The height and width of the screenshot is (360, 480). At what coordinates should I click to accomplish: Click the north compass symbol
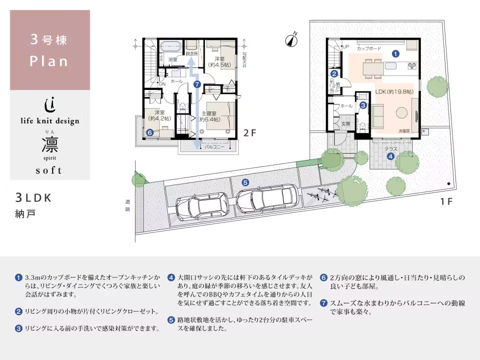pyautogui.click(x=291, y=40)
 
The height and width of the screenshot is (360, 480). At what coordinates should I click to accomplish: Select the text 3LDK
pyautogui.click(x=34, y=197)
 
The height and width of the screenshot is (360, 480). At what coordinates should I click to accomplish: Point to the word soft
pyautogui.click(x=49, y=170)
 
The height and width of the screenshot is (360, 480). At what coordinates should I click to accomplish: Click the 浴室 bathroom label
pyautogui.click(x=172, y=59)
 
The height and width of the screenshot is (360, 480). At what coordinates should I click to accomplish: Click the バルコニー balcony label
pyautogui.click(x=213, y=147)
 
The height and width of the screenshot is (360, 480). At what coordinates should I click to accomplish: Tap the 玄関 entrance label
pyautogui.click(x=345, y=123)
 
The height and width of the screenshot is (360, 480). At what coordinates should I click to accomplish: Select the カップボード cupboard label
pyautogui.click(x=369, y=49)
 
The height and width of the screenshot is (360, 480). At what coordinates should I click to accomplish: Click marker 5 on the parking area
pyautogui.click(x=245, y=182)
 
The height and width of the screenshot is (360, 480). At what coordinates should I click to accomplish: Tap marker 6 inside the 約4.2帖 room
pyautogui.click(x=149, y=132)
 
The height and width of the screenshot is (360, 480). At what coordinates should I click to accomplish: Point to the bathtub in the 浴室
pyautogui.click(x=171, y=46)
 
